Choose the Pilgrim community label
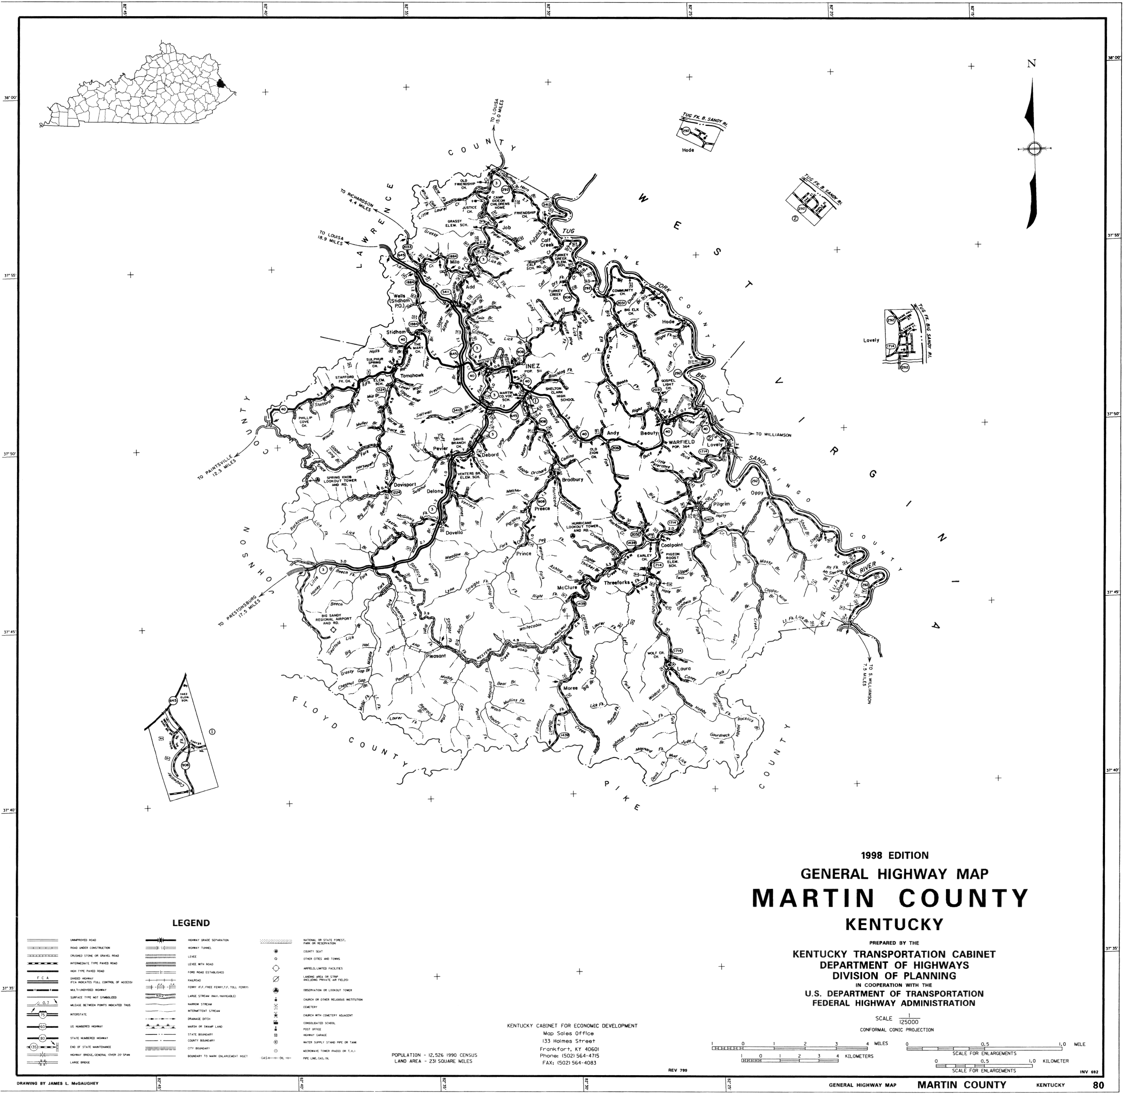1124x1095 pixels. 721,504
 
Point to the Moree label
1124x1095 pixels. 570,688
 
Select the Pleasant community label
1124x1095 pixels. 436,656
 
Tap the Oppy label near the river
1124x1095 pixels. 756,493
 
